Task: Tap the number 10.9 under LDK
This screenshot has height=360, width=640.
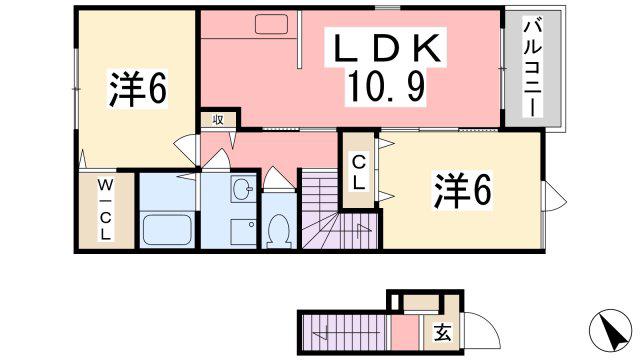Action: point(386,87)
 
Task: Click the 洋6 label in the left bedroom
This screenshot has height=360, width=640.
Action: point(138,89)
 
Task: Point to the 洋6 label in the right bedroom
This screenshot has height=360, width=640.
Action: point(462,190)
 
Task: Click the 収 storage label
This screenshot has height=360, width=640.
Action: point(218,120)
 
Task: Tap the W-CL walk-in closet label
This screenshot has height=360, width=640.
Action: point(105,210)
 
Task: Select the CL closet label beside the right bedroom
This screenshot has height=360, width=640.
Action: point(358,173)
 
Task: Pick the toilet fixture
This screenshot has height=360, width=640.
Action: point(280,232)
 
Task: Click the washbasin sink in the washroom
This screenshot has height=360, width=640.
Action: point(243,189)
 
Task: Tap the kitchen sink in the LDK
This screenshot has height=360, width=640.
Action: point(271,24)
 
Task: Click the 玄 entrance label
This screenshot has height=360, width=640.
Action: point(442,333)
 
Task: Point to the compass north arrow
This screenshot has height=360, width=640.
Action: point(611,330)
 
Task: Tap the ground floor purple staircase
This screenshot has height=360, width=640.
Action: point(343,333)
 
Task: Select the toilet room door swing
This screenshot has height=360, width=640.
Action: point(279,179)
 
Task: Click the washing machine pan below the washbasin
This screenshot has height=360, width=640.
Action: point(243,233)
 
